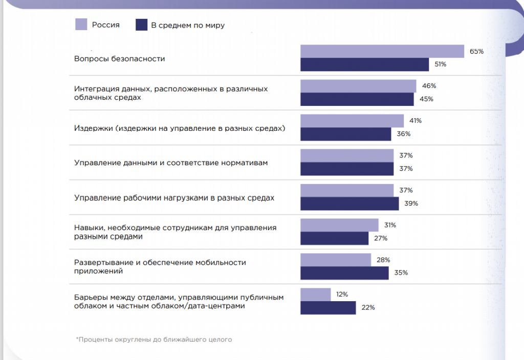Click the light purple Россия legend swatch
point(81,25)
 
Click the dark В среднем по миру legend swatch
point(141,25)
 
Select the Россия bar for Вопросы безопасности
point(382,51)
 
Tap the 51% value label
point(440,64)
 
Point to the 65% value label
point(476,51)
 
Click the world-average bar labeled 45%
point(357,99)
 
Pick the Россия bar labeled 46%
point(358,86)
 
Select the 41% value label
point(416,121)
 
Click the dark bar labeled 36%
point(345,134)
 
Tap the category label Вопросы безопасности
point(119,58)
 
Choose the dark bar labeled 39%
point(350,204)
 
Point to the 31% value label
point(390,225)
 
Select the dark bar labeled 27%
point(334,238)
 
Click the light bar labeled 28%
point(336,260)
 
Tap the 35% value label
point(401,273)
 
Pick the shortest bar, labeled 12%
point(315,295)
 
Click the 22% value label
point(368,308)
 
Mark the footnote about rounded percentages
point(154,339)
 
